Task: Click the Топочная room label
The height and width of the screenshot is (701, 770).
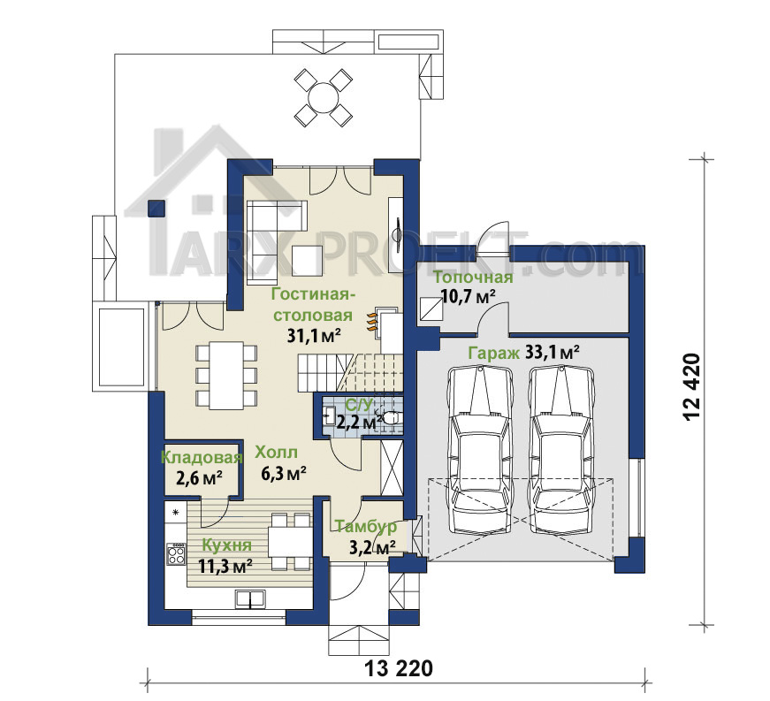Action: pyautogui.click(x=473, y=278)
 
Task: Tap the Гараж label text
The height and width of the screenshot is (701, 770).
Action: pyautogui.click(x=493, y=353)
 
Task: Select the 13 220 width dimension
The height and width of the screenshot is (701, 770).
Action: pyautogui.click(x=399, y=668)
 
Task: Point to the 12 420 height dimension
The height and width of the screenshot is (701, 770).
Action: pyautogui.click(x=691, y=386)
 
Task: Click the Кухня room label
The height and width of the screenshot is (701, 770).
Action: pyautogui.click(x=227, y=545)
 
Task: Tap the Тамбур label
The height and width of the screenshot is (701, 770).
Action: pyautogui.click(x=366, y=527)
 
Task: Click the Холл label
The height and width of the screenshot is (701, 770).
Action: pyautogui.click(x=276, y=452)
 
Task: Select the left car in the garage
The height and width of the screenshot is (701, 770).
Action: pyautogui.click(x=481, y=451)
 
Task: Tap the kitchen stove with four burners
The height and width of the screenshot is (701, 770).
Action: pyautogui.click(x=176, y=554)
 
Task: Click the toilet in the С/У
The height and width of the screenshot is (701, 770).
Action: pyautogui.click(x=392, y=417)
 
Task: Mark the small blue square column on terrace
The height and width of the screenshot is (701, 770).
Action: pyautogui.click(x=156, y=208)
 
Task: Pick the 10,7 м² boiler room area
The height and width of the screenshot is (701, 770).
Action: pyautogui.click(x=468, y=296)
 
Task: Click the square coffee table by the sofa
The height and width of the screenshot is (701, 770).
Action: pyautogui.click(x=308, y=260)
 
